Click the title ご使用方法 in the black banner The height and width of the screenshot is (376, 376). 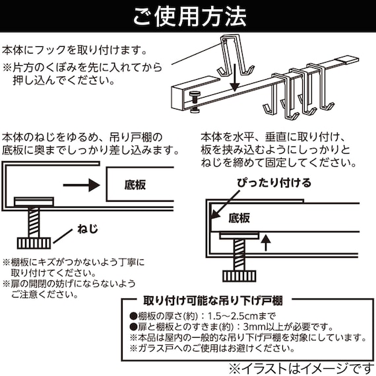tap(188, 15)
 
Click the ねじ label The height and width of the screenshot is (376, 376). tap(86, 229)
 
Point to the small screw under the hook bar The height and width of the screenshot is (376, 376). tap(195, 99)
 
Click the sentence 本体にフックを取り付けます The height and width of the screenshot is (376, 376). tap(75, 50)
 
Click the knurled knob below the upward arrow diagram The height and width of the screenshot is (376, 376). tap(237, 274)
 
